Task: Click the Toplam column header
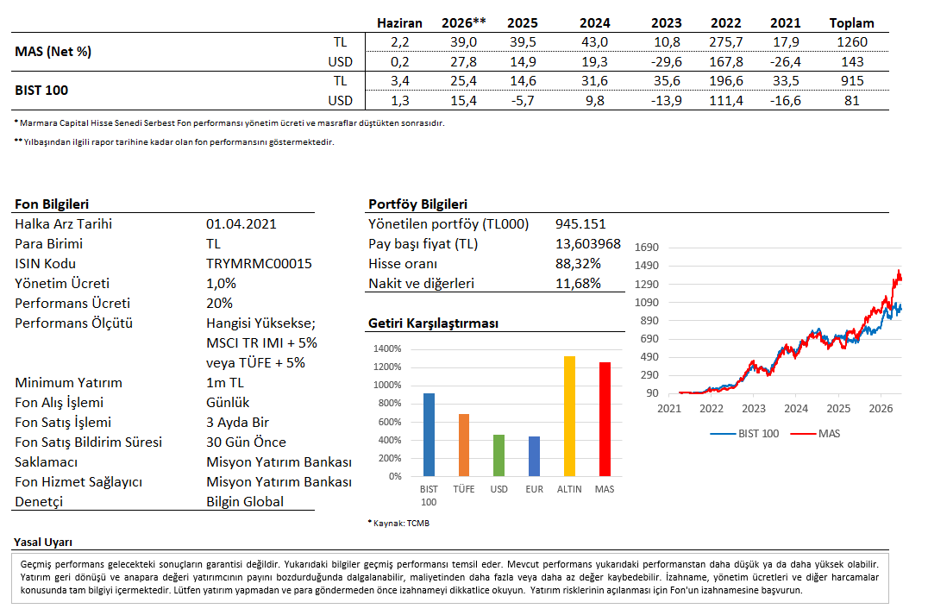coord(851,23)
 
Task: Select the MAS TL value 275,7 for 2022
coord(726,42)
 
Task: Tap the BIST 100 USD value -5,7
coord(523,101)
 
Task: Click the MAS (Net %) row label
coord(53,52)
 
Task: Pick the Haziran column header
coord(399,23)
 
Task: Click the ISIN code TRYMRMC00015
coord(260,263)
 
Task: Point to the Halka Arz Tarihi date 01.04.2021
coord(241,223)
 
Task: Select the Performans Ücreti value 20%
coord(220,303)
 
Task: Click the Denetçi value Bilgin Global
coord(245,501)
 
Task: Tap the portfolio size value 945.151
coord(580,223)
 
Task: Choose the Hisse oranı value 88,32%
coord(578,263)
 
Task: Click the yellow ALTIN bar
coord(569,416)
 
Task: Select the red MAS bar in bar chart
coord(605,419)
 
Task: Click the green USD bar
coord(498,455)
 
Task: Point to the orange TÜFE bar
coord(464,445)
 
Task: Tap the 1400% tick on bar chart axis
coord(387,348)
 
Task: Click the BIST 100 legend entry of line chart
coord(744,433)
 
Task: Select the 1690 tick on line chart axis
coord(646,248)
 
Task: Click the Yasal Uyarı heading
coord(43,543)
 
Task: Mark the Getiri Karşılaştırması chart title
coord(433,323)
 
